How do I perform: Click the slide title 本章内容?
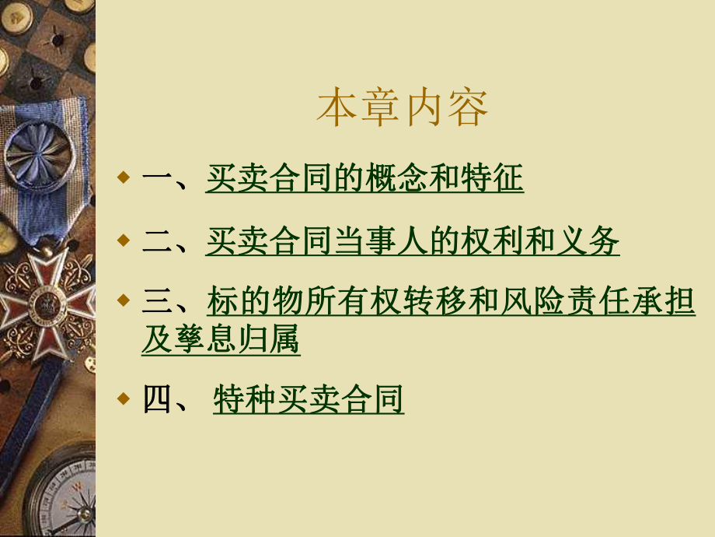403,107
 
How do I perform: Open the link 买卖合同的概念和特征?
364,177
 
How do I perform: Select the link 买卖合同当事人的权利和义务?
413,240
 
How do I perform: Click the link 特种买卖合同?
309,398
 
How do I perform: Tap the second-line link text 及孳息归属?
221,339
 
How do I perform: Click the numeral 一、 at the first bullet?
165,179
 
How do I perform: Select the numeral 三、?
165,301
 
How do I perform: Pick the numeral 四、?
165,399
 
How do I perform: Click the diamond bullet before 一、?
124,177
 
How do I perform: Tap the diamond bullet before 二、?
124,240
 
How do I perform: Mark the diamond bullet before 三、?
124,300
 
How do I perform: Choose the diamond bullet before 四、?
124,398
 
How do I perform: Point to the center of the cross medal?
46,302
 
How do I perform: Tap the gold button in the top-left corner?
16,17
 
